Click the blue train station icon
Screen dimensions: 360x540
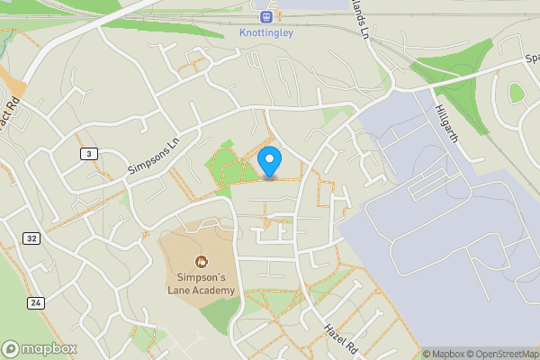click(266, 16)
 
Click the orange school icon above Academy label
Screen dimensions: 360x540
click(201, 262)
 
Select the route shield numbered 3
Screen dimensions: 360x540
click(87, 155)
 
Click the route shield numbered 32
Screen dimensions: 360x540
click(32, 238)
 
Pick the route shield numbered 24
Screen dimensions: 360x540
click(35, 303)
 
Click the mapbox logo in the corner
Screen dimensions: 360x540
click(40, 348)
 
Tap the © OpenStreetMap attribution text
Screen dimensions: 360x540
click(500, 354)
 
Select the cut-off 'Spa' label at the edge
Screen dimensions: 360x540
click(532, 59)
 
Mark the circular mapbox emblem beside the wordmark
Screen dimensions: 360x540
click(12, 348)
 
